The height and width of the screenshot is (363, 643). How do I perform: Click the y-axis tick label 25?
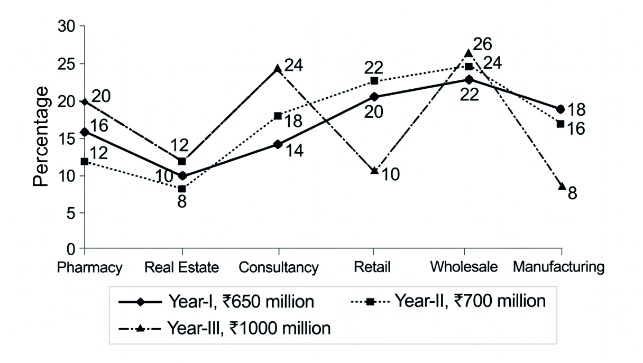pyautogui.click(x=66, y=64)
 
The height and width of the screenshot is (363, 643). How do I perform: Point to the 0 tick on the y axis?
pyautogui.click(x=71, y=248)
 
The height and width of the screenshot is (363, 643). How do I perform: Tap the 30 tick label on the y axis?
pyautogui.click(x=66, y=26)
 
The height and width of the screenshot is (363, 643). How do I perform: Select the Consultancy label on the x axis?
pyautogui.click(x=279, y=267)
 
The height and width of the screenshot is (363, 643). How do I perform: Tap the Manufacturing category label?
pyautogui.click(x=558, y=267)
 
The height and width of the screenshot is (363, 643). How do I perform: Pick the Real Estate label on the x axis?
pyautogui.click(x=182, y=267)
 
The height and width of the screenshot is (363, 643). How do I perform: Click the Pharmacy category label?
pyautogui.click(x=90, y=267)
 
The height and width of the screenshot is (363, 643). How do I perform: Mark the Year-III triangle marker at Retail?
pyautogui.click(x=374, y=170)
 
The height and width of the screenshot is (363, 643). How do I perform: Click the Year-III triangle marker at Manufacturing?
pyautogui.click(x=562, y=186)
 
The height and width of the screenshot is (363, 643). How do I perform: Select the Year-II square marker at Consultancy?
pyautogui.click(x=278, y=116)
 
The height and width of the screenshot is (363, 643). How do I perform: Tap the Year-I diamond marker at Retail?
pyautogui.click(x=374, y=97)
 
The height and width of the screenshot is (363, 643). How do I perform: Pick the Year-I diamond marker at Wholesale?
pyautogui.click(x=469, y=79)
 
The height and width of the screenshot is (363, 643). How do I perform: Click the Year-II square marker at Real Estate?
pyautogui.click(x=182, y=189)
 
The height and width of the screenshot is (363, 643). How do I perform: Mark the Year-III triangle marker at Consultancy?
pyautogui.click(x=278, y=68)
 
